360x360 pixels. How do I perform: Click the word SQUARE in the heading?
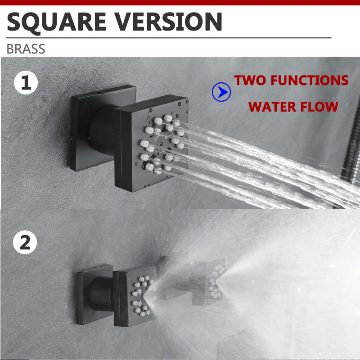tap(57, 22)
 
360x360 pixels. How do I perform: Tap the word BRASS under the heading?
tap(26, 49)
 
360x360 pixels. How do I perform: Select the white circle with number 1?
tap(26, 83)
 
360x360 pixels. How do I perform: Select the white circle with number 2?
tap(25, 242)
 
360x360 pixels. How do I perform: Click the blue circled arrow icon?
tap(221, 92)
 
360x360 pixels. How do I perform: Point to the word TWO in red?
tap(250, 81)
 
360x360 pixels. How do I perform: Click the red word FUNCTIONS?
tap(310, 81)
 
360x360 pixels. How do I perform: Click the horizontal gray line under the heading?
tap(169, 38)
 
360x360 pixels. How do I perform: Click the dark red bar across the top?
tap(180, 3)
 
